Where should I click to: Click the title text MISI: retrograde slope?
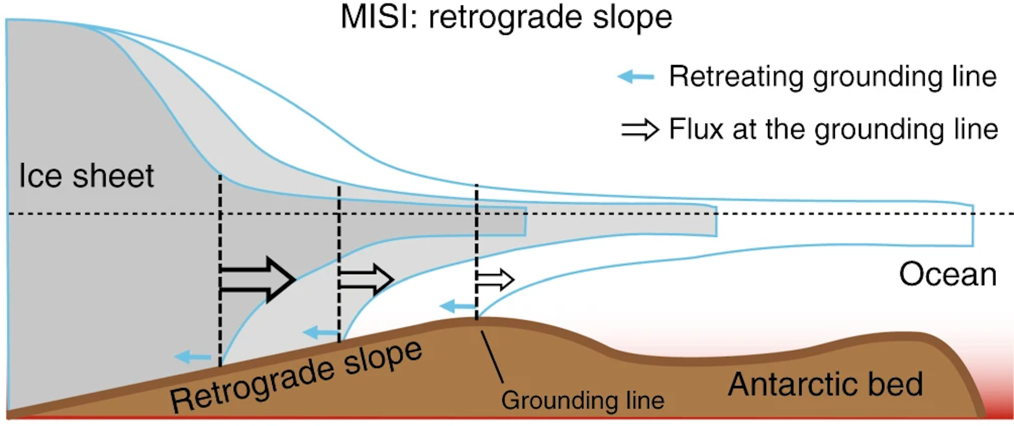pos(506,17)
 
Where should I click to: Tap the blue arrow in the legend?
pos(636,77)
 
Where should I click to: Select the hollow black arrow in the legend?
pos(640,129)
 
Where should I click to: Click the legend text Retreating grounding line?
pos(832,77)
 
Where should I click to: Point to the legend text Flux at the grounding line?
pos(833,129)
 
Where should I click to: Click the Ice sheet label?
pos(86,176)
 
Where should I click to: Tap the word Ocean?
pos(947,274)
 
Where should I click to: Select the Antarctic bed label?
pos(825,384)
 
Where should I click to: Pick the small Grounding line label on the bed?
pos(583,400)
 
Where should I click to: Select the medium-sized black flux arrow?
pos(366,279)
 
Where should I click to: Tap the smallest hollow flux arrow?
pos(495,280)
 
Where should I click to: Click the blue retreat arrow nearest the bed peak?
pos(458,306)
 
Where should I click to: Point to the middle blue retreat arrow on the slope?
pos(321,333)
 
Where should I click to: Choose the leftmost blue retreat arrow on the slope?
pos(192,357)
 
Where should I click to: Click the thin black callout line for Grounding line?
pos(492,356)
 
